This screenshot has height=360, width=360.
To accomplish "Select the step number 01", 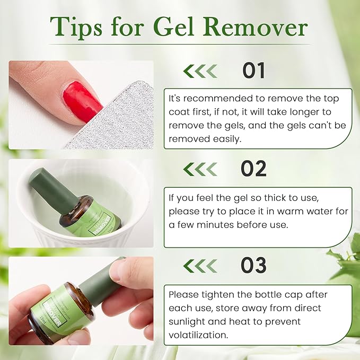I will [x=254, y=71].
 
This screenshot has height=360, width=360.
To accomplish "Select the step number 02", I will [x=253, y=169].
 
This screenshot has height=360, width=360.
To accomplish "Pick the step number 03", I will [x=254, y=266].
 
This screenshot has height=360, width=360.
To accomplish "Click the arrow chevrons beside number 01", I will [x=200, y=71].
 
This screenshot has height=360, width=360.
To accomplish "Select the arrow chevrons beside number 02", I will [x=200, y=169].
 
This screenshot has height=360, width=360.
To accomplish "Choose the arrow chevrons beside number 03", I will [x=200, y=266].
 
